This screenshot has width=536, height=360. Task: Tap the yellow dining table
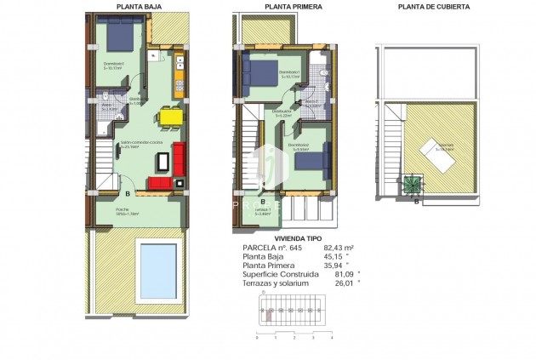[170, 117]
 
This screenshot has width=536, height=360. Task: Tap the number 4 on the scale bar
[331, 338]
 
